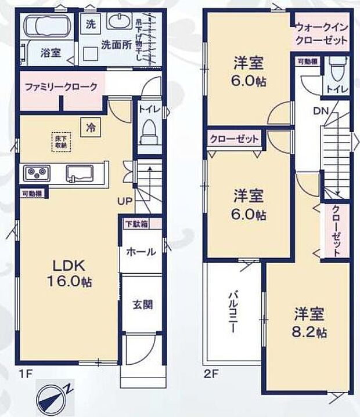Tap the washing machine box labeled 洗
[x=90, y=24]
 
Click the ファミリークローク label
[x=61, y=86]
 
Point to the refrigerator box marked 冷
[x=91, y=126]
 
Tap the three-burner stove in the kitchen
[x=37, y=173]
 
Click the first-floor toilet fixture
[x=149, y=130]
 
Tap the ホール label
[x=141, y=252]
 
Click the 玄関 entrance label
[x=141, y=304]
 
